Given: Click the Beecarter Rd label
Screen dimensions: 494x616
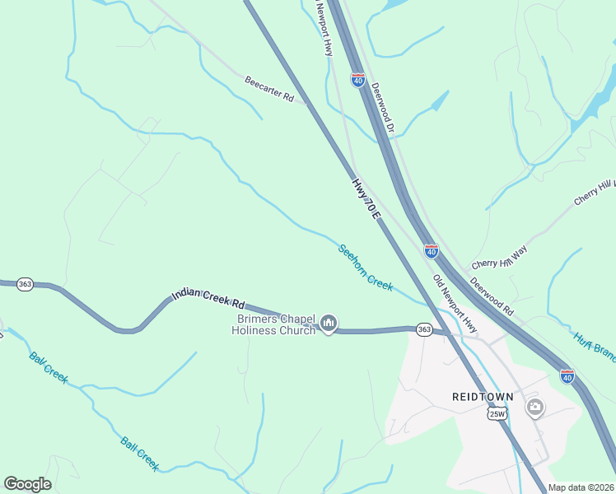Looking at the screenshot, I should pyautogui.click(x=269, y=89).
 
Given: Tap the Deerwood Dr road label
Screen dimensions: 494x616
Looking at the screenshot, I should pyautogui.click(x=385, y=109).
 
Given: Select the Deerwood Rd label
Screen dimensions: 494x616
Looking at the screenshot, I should pyautogui.click(x=492, y=296).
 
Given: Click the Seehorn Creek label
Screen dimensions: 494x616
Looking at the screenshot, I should pyautogui.click(x=366, y=266).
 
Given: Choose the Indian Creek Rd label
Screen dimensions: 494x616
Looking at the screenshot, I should pyautogui.click(x=209, y=293).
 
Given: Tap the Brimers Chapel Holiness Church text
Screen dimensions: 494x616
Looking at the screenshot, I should pyautogui.click(x=273, y=324).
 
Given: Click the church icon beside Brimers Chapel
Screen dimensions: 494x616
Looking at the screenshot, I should pyautogui.click(x=329, y=323).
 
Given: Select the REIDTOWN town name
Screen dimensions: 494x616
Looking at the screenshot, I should pyautogui.click(x=483, y=396).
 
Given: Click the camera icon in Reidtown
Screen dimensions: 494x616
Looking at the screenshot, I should pyautogui.click(x=535, y=407).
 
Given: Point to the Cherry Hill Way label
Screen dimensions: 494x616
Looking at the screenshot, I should pyautogui.click(x=499, y=256).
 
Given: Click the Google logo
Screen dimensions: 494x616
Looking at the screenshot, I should pyautogui.click(x=27, y=484).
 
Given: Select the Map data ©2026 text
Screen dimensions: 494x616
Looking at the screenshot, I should pyautogui.click(x=581, y=487).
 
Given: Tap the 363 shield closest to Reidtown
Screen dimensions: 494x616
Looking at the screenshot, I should pyautogui.click(x=424, y=329).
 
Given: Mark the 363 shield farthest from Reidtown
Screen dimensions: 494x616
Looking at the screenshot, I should pyautogui.click(x=25, y=282).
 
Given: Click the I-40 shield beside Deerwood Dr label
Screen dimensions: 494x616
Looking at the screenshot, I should pyautogui.click(x=357, y=79).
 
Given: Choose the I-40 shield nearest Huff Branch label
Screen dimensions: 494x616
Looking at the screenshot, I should pyautogui.click(x=567, y=375).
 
